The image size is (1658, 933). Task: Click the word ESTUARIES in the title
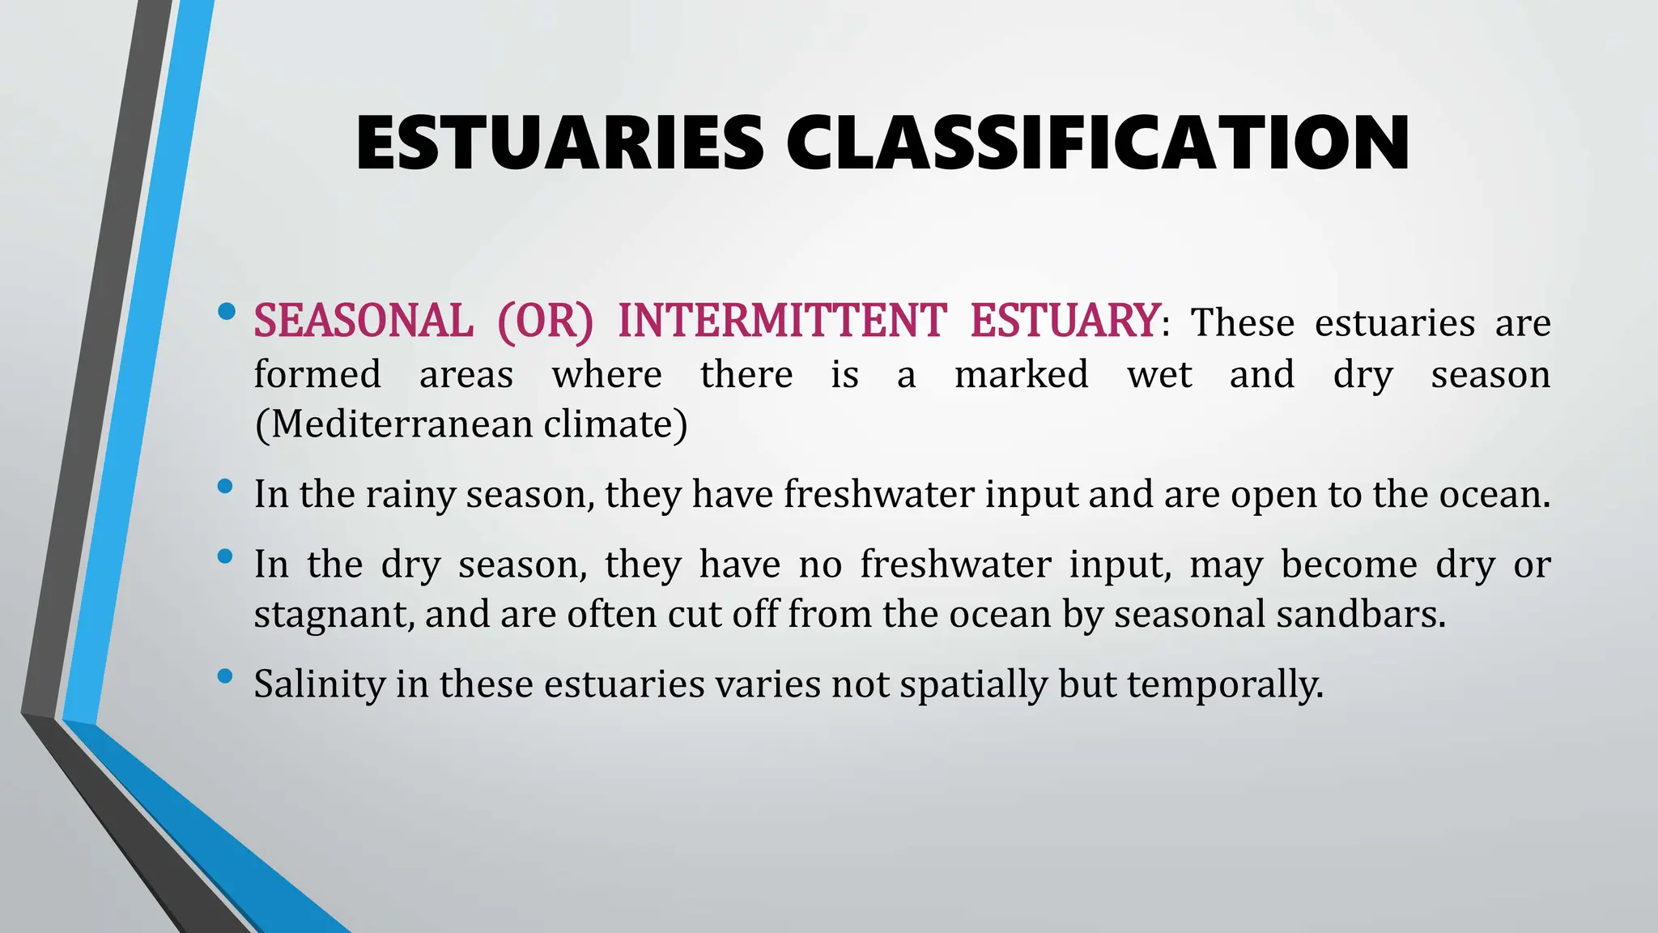pos(559,143)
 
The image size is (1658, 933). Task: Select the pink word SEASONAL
pos(363,321)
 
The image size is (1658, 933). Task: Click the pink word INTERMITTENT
pos(782,321)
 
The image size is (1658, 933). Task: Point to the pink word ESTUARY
pos(1065,321)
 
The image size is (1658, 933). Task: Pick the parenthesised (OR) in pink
pos(545,321)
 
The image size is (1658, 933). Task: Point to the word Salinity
pos(320,684)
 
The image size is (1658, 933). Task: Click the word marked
pos(1022,375)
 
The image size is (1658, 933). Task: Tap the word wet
pos(1159,375)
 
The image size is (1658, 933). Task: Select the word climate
pos(614,424)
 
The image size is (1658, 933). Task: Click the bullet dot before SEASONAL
pos(227,310)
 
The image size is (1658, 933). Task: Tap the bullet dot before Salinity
pos(226,675)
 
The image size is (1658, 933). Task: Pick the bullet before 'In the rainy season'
pos(226,486)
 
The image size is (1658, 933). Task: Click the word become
pos(1349,564)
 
